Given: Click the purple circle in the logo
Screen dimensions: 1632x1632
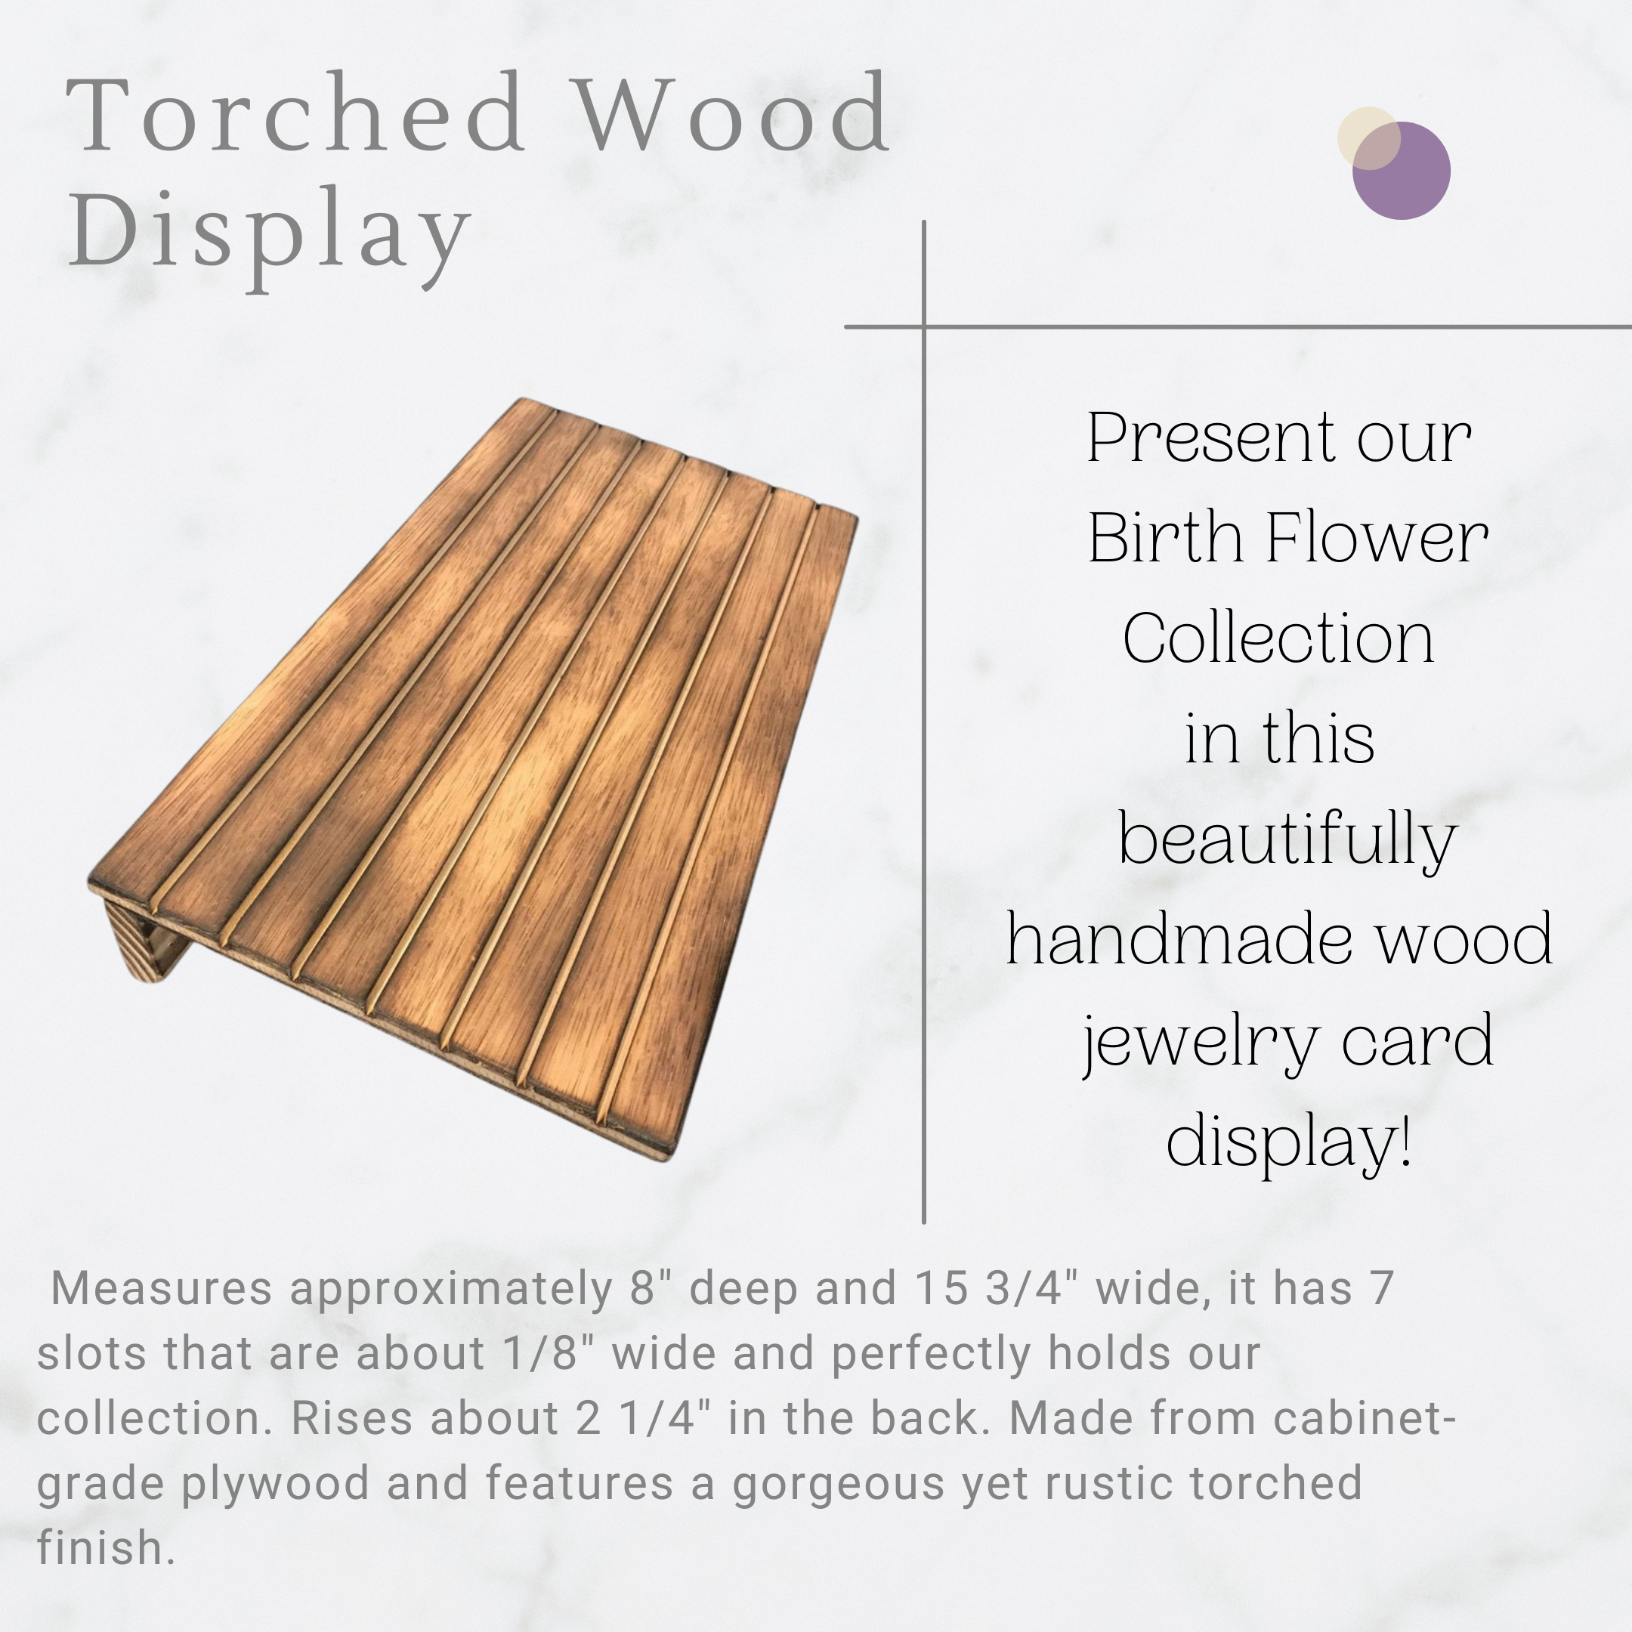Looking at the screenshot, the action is coord(1402,171).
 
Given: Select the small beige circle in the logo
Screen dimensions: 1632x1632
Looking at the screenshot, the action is coord(1368,138).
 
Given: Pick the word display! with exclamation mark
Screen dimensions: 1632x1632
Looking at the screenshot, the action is coord(1289,1142).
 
